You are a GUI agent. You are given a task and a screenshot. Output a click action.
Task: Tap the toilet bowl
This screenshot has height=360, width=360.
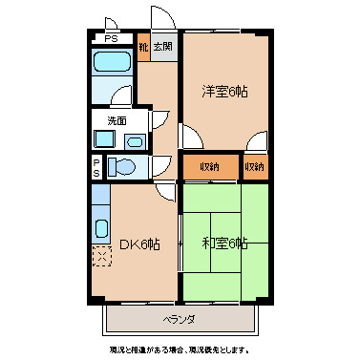[x=121, y=167]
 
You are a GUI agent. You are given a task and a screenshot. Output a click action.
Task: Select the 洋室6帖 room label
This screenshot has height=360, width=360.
[x=224, y=92]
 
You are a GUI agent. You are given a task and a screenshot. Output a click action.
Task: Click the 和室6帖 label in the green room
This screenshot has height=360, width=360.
[x=224, y=243]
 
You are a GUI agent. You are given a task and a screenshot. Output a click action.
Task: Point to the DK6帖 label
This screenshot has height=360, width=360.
[x=139, y=244]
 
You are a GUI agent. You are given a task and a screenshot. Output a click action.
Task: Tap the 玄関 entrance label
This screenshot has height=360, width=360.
[x=163, y=45]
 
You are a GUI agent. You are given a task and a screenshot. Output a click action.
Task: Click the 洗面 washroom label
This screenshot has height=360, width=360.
[x=116, y=121]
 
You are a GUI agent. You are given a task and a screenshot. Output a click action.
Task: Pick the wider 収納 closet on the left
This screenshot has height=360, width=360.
[x=210, y=166]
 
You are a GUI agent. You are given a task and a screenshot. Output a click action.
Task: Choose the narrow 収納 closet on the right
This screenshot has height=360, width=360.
[x=254, y=166]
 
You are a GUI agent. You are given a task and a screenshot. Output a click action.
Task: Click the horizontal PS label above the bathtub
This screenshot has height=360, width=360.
[x=112, y=38]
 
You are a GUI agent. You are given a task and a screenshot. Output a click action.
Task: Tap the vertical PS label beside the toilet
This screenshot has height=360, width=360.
[x=96, y=167]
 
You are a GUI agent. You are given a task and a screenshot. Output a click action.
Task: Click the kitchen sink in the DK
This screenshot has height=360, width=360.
[x=100, y=230]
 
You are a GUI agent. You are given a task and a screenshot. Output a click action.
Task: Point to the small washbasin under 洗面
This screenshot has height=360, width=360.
[x=133, y=141]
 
